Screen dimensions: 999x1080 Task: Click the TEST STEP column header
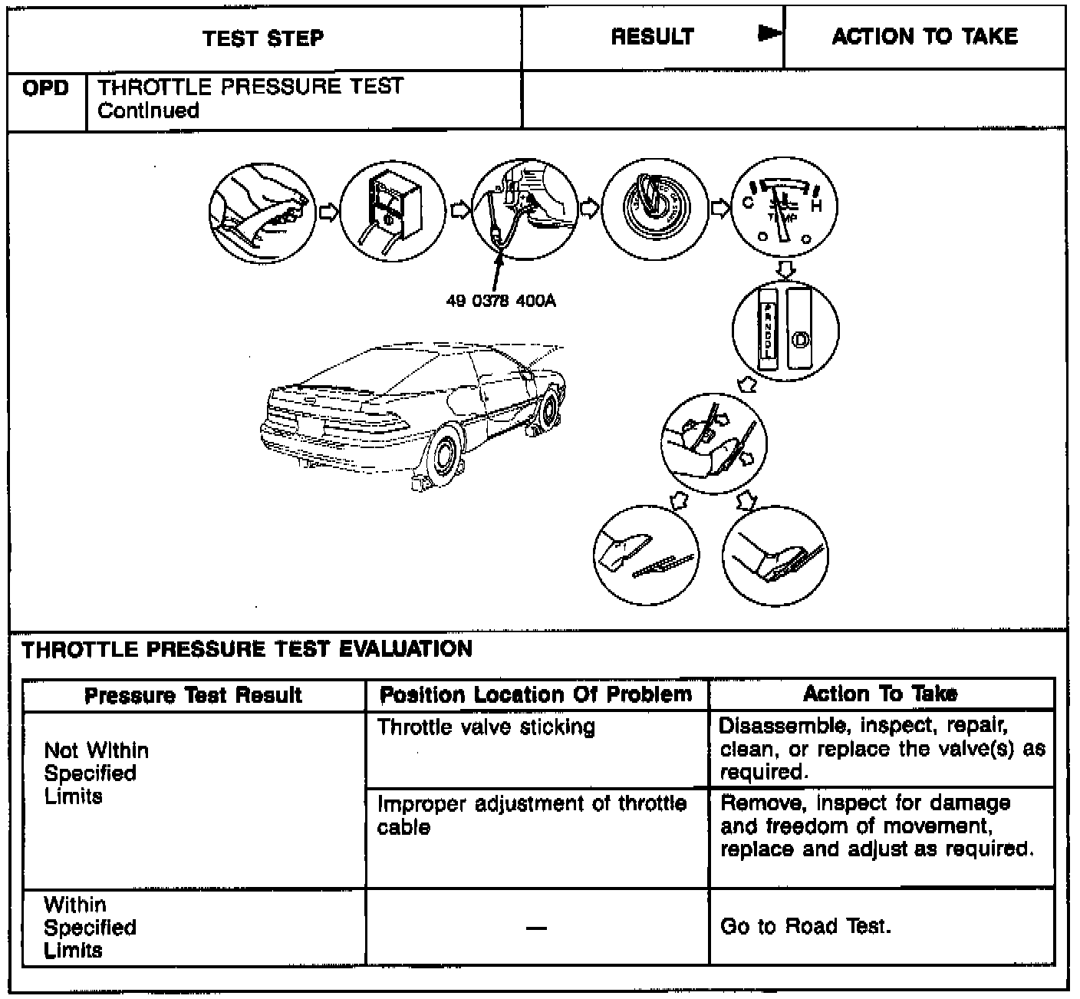click(263, 38)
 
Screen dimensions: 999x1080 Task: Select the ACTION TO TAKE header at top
click(924, 37)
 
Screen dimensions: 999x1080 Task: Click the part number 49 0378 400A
click(501, 301)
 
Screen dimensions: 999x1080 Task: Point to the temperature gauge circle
click(785, 209)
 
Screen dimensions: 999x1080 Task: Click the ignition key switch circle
click(654, 208)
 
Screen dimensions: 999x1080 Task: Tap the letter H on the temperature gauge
click(817, 206)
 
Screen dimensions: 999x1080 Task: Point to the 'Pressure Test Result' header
click(193, 695)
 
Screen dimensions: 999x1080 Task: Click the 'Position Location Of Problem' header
click(536, 695)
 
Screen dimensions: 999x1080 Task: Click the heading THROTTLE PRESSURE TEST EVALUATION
click(247, 650)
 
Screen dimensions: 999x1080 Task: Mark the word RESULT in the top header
click(652, 37)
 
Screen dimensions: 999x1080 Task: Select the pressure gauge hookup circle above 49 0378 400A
click(523, 209)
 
